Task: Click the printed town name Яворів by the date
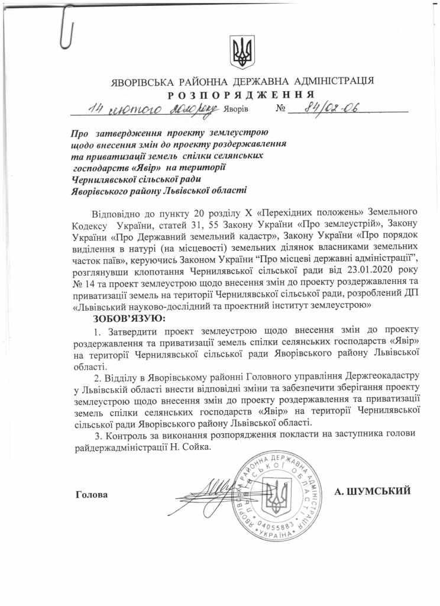pos(237,110)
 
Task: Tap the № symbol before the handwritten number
pos(282,110)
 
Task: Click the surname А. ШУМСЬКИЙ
pos(373,491)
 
